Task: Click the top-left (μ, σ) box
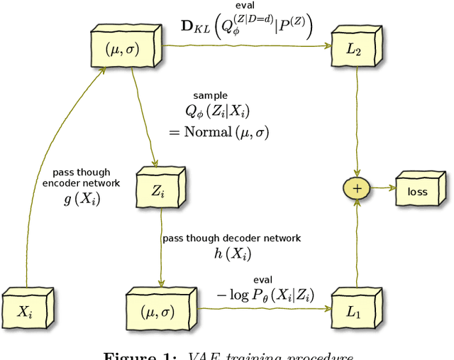click(124, 50)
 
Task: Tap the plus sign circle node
click(357, 188)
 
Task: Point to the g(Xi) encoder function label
click(82, 199)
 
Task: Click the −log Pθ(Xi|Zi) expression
click(266, 295)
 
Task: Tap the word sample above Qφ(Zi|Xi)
click(210, 94)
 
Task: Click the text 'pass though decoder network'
click(231, 238)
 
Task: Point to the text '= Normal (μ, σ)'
click(218, 131)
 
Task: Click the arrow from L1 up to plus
click(357, 241)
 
